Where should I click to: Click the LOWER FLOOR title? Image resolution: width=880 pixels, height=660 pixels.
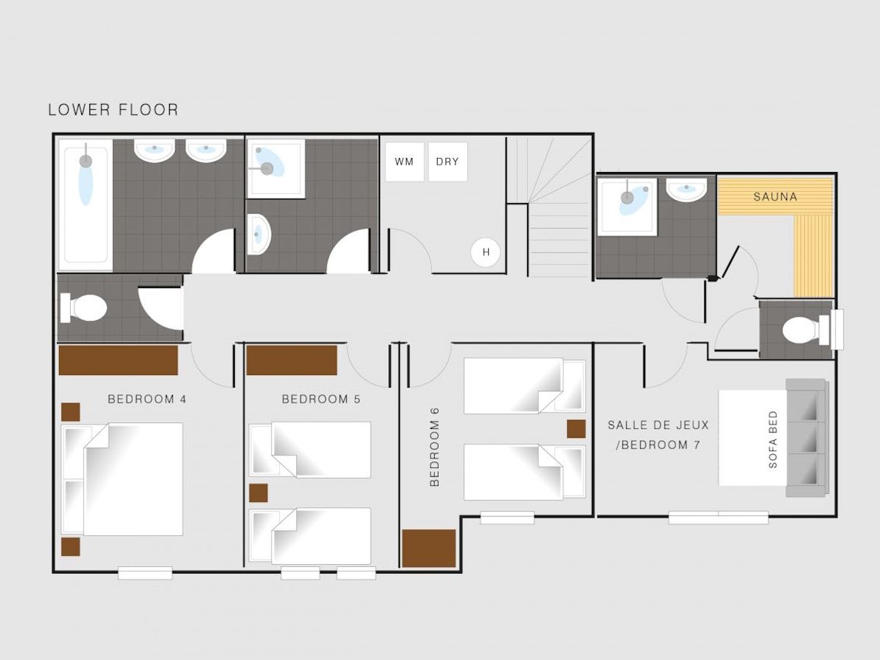114,109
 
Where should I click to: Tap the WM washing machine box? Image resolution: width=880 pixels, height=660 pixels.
404,162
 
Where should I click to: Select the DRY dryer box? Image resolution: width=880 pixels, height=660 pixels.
447,162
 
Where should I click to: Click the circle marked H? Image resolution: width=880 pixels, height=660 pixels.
486,252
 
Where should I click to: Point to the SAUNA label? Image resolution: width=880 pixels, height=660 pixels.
775,196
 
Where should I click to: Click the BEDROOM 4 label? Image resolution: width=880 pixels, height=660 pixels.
147,399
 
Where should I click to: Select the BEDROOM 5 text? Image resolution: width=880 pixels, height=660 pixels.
321,399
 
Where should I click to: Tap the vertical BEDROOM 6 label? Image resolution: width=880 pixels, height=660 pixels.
434,447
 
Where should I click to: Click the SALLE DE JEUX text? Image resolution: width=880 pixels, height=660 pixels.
659,424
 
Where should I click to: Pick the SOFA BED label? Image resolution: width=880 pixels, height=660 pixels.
773,440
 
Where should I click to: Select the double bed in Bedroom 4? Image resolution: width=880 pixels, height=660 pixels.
123,478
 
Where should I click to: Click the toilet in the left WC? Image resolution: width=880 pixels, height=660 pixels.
83,308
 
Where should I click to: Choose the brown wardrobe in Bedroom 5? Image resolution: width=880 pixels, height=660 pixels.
292,360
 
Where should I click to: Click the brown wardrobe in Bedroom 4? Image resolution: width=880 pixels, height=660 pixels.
118,360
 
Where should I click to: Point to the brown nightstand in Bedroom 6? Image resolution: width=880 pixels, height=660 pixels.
576,429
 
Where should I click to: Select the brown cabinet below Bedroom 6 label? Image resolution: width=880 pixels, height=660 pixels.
429,549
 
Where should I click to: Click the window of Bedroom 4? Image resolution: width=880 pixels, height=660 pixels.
145,573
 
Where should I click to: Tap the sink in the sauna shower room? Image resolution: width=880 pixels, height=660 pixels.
687,189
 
